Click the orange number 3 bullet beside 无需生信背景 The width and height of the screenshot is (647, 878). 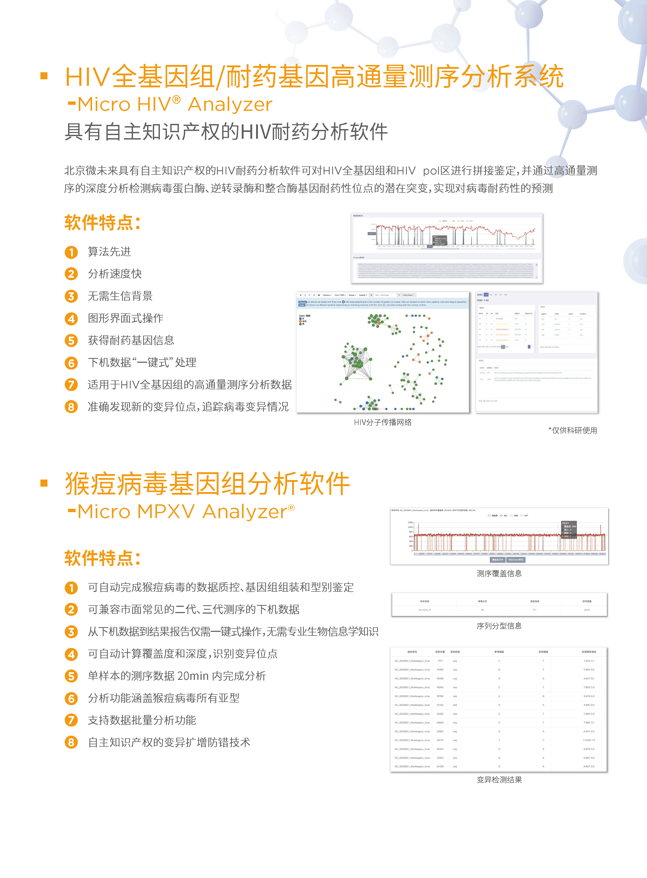coord(71,296)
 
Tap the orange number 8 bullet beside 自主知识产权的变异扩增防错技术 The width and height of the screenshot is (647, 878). coord(71,742)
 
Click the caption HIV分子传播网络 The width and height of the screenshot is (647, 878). coord(383,422)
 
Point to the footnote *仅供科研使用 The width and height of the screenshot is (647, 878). coord(573,430)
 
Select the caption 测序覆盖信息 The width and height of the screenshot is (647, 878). coord(499,573)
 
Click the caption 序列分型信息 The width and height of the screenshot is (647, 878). coord(499,626)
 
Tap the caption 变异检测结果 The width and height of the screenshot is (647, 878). coord(499,780)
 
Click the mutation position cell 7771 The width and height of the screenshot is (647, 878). coord(440,661)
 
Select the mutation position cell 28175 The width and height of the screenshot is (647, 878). coord(440,740)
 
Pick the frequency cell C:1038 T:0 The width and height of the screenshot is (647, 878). coord(588,740)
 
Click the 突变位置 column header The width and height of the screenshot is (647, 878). coord(440,652)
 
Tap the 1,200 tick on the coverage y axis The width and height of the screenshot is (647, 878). coord(410,522)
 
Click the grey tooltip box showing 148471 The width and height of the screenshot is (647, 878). coord(569,529)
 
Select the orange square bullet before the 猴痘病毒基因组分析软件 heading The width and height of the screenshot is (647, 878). coord(44,483)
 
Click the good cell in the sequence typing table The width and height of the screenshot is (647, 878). coord(587,610)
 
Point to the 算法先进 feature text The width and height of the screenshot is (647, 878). coord(109,252)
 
